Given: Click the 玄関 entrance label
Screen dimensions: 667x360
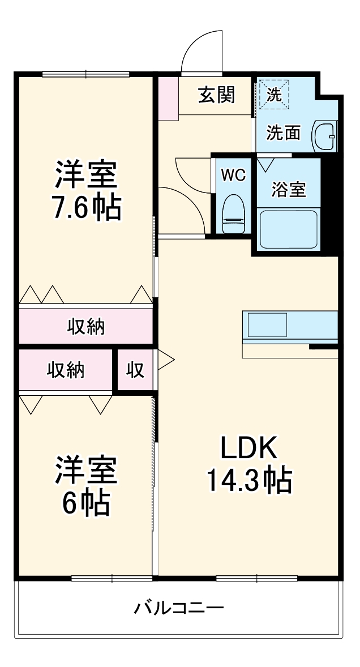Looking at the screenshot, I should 216,95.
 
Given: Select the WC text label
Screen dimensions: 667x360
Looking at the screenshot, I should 233,175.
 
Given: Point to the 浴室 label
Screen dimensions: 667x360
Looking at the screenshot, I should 289,190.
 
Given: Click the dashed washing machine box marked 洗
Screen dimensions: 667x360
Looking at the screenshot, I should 274,95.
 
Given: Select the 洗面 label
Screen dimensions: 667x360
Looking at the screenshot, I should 283,133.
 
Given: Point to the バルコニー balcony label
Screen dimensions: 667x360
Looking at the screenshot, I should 179,609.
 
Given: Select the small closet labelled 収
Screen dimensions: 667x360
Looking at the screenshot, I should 135,370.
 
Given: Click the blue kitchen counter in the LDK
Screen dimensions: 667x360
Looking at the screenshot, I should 290,326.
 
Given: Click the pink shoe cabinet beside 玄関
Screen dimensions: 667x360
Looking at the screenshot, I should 168,98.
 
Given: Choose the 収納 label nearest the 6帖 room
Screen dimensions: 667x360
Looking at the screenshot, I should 66,370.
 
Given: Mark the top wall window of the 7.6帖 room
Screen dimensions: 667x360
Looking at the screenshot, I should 86,74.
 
